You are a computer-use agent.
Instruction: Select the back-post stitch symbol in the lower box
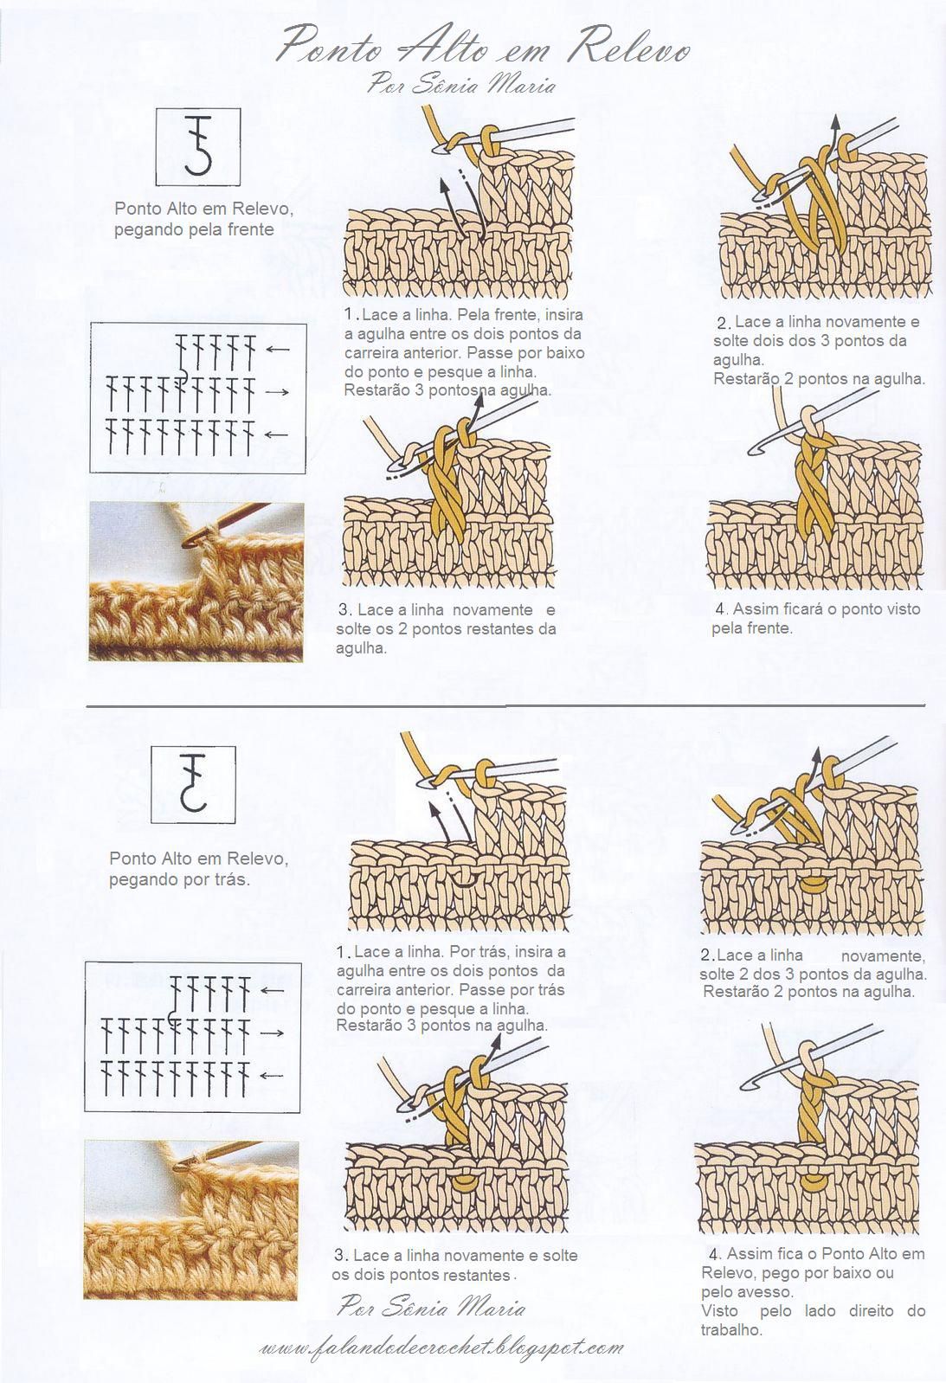tap(194, 783)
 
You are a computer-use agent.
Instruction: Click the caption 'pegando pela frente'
tap(194, 229)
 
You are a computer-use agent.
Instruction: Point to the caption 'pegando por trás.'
tap(180, 879)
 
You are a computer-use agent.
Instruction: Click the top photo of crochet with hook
tap(196, 582)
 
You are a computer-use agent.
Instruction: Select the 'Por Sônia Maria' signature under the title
tap(461, 84)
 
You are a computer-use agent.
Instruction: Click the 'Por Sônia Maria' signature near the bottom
tap(431, 1307)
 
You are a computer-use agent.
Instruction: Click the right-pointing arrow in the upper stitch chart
tap(279, 392)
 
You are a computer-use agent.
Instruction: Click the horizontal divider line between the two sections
tap(506, 704)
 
